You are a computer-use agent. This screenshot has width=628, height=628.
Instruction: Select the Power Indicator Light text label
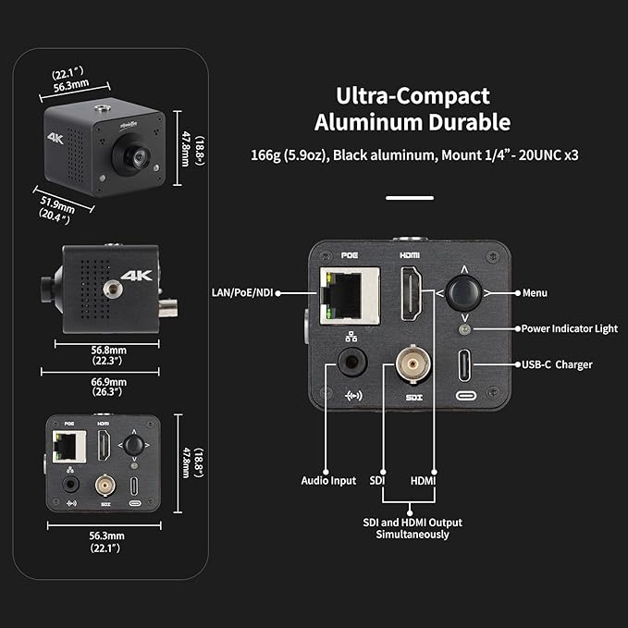(x=568, y=328)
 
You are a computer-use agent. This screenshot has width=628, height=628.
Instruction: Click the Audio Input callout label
(x=328, y=481)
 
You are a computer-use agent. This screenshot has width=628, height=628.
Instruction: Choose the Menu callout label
(x=535, y=293)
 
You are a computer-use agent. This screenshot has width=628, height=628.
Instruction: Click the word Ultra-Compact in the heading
(x=412, y=95)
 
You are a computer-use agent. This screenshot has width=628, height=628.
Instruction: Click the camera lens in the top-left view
(x=131, y=156)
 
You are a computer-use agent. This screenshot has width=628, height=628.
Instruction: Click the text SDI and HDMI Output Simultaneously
(x=412, y=528)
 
